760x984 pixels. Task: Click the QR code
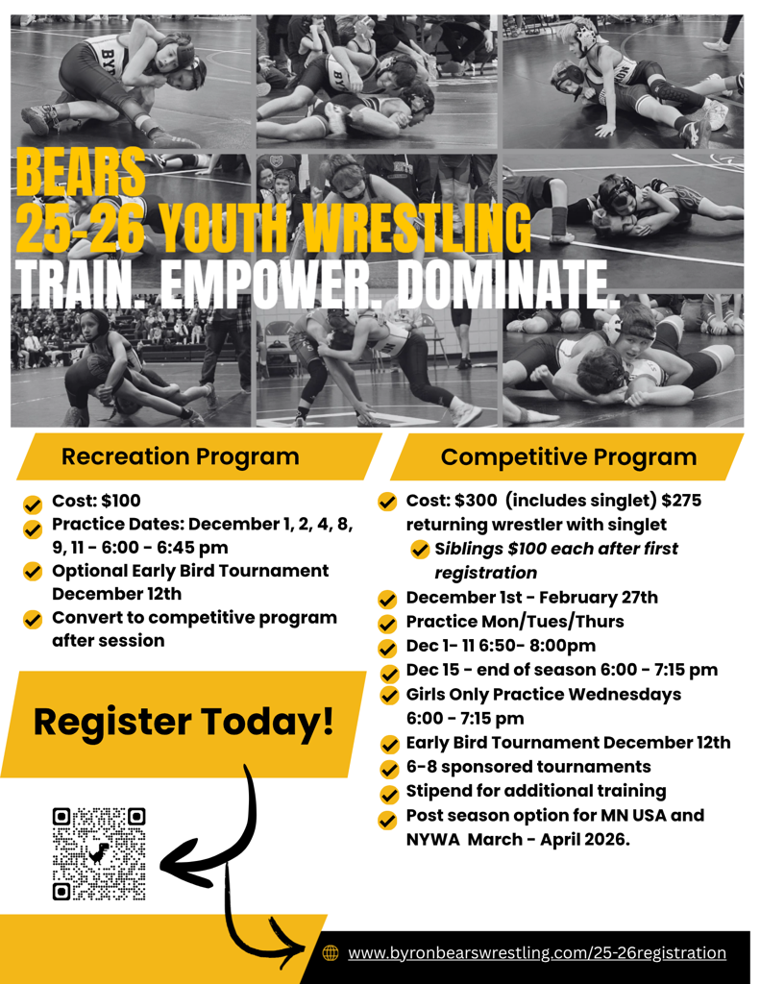pos(99,854)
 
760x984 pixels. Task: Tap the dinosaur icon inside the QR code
pos(99,853)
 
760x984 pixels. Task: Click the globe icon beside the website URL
pos(331,952)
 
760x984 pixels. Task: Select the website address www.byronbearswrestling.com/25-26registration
pos(537,952)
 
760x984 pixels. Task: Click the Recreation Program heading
pos(180,456)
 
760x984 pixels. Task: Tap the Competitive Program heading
pos(569,456)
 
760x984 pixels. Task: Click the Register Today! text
pos(184,722)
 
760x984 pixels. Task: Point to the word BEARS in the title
pos(81,172)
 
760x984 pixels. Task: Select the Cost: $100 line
pos(96,500)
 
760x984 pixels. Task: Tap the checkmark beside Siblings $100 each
pos(420,549)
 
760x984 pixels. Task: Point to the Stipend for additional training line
pos(536,791)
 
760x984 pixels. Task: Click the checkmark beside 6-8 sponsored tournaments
pos(390,769)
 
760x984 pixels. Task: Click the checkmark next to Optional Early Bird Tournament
pos(32,572)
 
